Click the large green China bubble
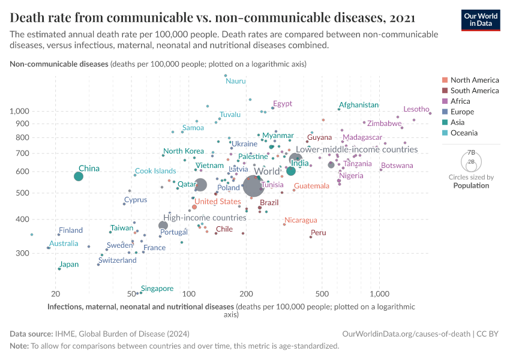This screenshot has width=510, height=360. (x=79, y=176)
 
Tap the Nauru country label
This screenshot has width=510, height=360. (x=236, y=81)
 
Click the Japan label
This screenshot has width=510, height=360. (x=69, y=265)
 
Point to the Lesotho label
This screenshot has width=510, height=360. (x=416, y=109)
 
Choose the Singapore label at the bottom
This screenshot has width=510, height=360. (x=157, y=289)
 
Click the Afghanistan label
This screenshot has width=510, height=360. (x=359, y=105)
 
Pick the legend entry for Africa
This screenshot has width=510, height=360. (x=462, y=101)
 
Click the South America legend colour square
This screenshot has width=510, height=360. (x=444, y=91)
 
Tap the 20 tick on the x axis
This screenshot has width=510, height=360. (x=56, y=294)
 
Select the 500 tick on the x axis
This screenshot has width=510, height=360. (x=322, y=294)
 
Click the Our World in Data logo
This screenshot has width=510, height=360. (x=480, y=19)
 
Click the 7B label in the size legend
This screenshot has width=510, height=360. (x=471, y=152)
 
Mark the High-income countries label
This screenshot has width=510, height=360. (x=205, y=218)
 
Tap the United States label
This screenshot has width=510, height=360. (x=218, y=202)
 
